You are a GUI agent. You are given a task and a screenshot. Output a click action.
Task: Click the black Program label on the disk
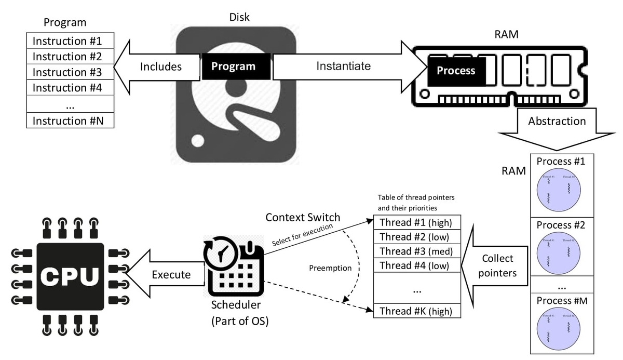(233, 66)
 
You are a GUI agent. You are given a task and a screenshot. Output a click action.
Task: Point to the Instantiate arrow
(343, 66)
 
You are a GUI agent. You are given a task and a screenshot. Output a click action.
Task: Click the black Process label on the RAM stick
(456, 71)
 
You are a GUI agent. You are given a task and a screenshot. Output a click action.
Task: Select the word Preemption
(330, 268)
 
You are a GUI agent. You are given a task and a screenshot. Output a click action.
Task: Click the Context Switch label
(303, 217)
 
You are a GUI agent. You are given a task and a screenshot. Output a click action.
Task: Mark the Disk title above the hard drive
(239, 17)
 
